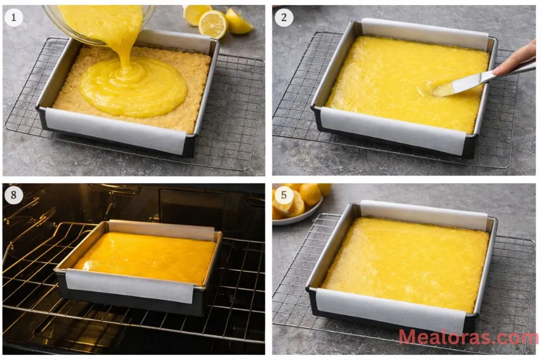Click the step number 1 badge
[14, 18]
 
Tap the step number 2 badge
[284, 18]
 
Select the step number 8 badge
[14, 196]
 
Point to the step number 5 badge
[284, 196]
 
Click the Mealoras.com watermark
[468, 337]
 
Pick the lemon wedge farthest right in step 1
[239, 23]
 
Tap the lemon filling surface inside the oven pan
[145, 256]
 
